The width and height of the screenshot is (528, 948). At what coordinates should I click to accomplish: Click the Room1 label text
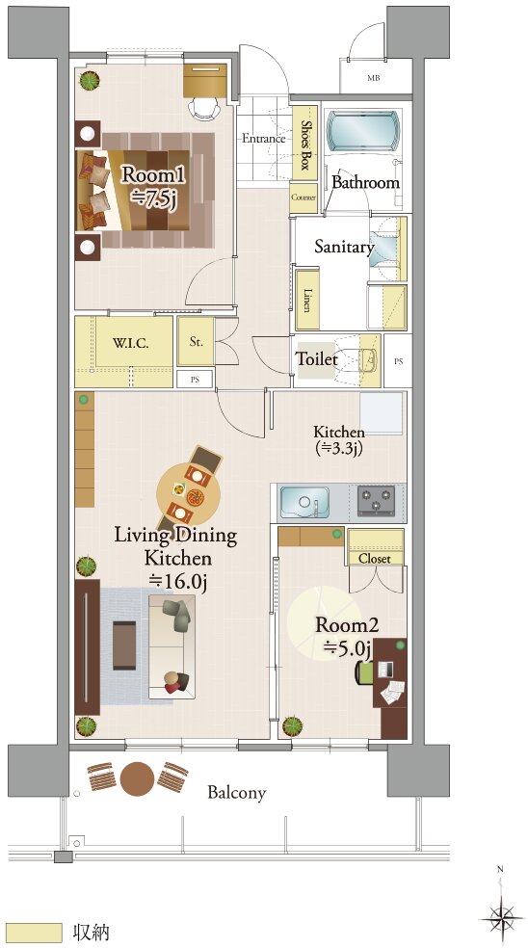(152, 174)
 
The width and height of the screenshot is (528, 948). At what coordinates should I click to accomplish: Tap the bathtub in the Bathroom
(363, 131)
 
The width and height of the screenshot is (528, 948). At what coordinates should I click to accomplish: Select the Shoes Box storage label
(304, 144)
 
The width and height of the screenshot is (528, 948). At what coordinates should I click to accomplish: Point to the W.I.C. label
(131, 342)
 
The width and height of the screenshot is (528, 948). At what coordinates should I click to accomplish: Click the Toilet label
(316, 358)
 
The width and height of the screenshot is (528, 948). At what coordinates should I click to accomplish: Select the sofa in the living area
(172, 646)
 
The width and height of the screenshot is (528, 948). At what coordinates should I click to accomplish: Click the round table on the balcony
(139, 778)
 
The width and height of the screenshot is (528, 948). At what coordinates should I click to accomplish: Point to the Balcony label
(236, 792)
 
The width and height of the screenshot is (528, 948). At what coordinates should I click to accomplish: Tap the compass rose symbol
(500, 913)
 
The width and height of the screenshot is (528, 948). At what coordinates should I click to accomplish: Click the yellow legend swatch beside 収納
(37, 932)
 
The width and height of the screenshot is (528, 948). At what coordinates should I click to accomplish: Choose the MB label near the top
(374, 77)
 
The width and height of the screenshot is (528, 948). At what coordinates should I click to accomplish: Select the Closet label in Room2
(375, 559)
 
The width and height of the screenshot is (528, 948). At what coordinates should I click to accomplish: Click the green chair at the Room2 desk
(364, 673)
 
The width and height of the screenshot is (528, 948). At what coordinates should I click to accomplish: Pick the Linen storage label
(307, 302)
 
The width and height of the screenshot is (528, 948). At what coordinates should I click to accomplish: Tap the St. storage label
(196, 342)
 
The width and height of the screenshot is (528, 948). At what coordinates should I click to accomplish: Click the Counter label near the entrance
(304, 197)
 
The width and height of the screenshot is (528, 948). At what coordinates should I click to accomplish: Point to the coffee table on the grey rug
(124, 645)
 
